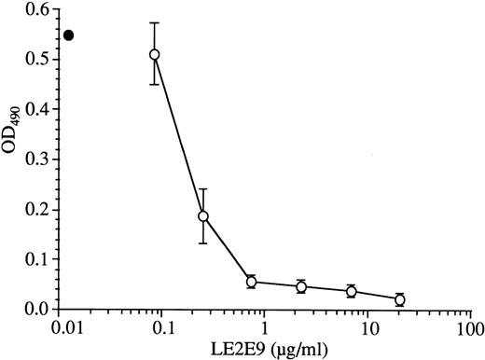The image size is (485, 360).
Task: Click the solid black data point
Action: [68, 35]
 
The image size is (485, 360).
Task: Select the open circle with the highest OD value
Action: [155, 54]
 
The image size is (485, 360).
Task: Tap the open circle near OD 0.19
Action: [202, 216]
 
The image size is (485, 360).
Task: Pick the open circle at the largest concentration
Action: [400, 299]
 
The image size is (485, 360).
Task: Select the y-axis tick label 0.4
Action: [38, 109]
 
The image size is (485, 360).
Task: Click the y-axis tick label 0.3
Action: [38, 159]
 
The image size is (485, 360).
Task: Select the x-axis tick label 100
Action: [472, 329]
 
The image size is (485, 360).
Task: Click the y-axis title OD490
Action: [13, 159]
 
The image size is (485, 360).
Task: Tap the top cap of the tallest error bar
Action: [155, 22]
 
